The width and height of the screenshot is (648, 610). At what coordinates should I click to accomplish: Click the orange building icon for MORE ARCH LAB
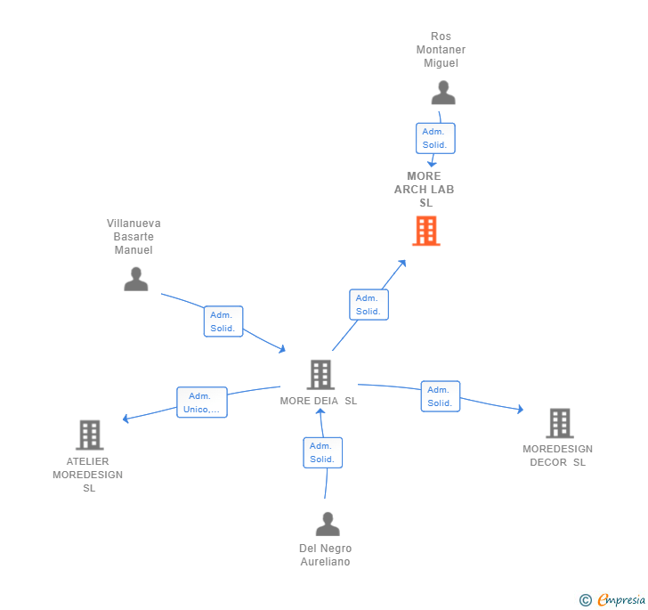click(426, 231)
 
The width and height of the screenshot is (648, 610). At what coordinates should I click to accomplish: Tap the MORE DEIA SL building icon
click(320, 375)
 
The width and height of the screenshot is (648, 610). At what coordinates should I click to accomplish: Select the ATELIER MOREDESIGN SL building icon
click(90, 435)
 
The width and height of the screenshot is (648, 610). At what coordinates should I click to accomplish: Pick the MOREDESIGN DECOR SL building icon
click(559, 423)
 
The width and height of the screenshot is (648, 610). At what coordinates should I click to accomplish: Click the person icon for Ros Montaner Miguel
click(442, 93)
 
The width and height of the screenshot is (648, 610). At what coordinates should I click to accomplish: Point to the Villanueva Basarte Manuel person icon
click(135, 279)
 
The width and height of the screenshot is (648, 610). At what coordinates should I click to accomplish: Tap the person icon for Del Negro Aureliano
click(328, 524)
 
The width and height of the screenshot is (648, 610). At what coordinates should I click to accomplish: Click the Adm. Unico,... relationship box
click(201, 403)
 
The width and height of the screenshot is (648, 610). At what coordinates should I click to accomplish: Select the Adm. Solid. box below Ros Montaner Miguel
click(435, 138)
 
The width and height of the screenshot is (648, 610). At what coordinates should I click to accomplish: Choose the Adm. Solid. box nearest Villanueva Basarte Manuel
click(223, 321)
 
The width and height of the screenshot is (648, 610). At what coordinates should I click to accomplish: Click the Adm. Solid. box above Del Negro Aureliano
click(322, 452)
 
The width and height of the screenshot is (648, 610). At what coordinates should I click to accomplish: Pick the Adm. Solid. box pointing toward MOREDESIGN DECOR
click(440, 396)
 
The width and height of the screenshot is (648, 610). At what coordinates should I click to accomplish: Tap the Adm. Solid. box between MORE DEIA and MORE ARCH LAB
click(369, 305)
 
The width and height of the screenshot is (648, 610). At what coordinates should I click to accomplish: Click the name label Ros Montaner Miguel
click(441, 50)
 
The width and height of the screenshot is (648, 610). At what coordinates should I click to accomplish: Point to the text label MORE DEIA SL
click(319, 401)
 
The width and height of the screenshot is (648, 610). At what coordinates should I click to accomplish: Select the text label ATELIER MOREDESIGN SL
click(88, 475)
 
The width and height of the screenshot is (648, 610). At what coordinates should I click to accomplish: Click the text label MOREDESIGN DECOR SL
click(557, 455)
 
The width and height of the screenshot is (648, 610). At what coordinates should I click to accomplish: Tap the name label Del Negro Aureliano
click(325, 555)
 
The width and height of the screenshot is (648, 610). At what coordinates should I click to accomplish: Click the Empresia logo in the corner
click(612, 599)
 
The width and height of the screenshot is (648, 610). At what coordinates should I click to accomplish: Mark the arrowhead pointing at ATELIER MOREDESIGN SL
click(126, 419)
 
